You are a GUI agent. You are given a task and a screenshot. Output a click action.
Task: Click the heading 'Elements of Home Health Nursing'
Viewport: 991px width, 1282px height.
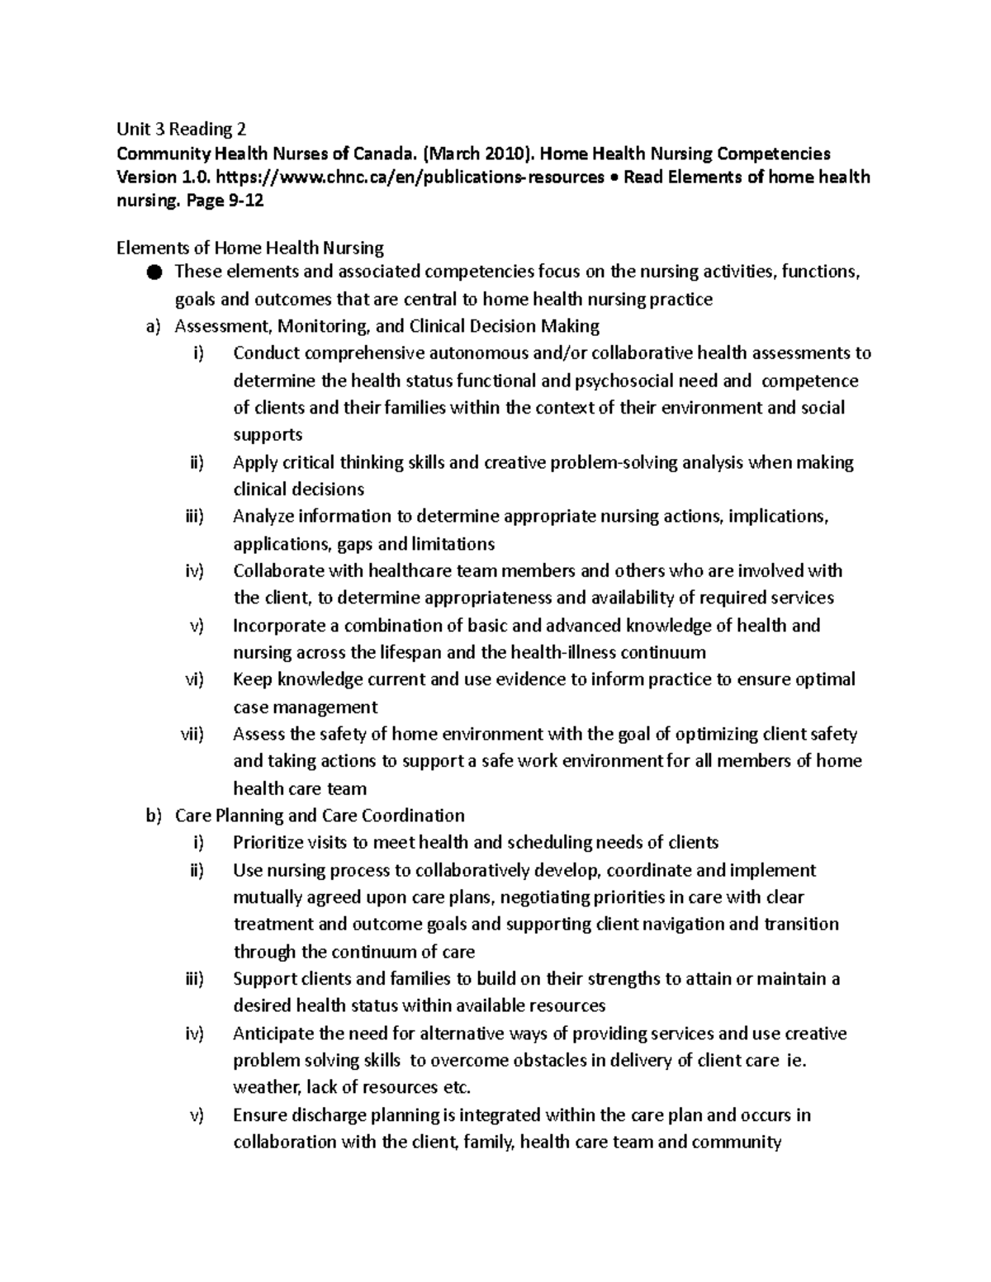coord(250,248)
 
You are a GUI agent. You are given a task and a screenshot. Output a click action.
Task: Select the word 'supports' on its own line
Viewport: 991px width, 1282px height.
coord(268,435)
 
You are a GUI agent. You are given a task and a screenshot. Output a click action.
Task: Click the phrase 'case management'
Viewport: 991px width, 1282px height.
coord(305,707)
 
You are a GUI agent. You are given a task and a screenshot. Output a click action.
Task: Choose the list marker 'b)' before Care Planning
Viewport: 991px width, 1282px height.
coord(151,816)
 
